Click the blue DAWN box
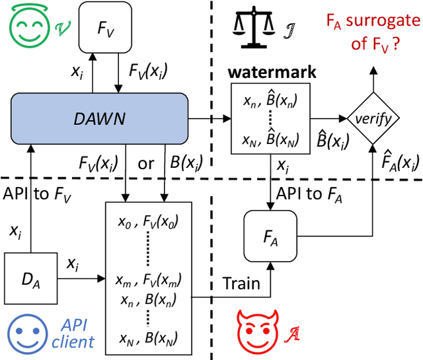[99, 120]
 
